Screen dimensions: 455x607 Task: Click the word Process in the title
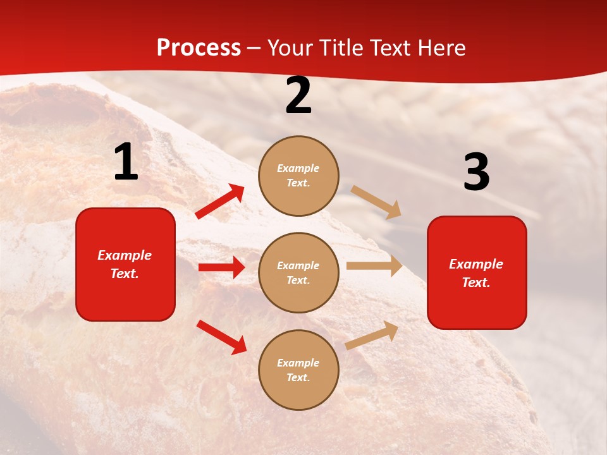click(199, 47)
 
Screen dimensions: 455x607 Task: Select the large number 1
click(126, 162)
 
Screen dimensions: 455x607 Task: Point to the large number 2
click(298, 95)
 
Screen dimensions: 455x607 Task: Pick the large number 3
click(476, 173)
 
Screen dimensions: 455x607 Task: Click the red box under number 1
click(125, 264)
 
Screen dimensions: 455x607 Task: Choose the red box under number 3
click(477, 272)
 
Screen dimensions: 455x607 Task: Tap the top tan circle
click(298, 175)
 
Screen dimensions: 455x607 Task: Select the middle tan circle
click(298, 272)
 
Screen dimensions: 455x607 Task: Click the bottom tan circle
click(298, 370)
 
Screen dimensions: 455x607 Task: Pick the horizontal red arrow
click(221, 267)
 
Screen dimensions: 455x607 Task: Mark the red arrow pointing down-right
click(221, 337)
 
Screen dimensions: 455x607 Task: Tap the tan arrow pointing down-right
click(376, 202)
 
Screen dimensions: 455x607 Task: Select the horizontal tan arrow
click(374, 265)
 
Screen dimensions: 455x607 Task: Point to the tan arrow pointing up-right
click(372, 335)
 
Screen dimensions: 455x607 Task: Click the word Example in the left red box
click(125, 255)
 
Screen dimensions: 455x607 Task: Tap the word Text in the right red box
click(475, 282)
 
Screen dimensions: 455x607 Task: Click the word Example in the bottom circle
click(298, 363)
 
